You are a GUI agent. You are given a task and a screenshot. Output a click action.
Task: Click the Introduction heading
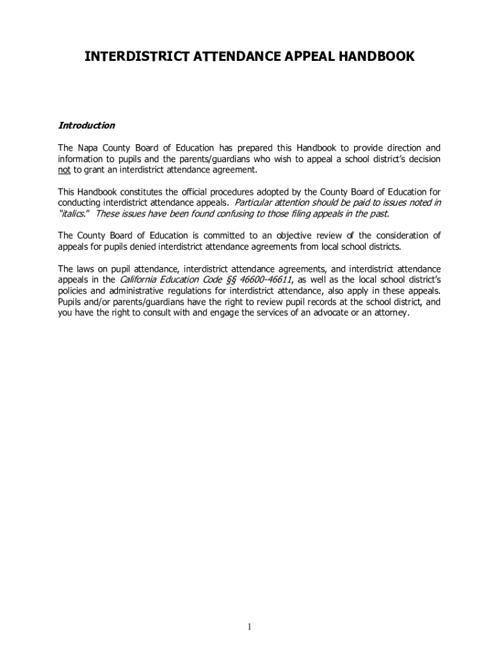pyautogui.click(x=86, y=126)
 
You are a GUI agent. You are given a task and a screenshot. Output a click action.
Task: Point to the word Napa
pyautogui.click(x=88, y=148)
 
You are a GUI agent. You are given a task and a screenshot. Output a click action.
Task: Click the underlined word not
pyautogui.click(x=64, y=170)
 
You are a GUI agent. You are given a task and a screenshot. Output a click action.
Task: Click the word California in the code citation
pyautogui.click(x=141, y=280)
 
